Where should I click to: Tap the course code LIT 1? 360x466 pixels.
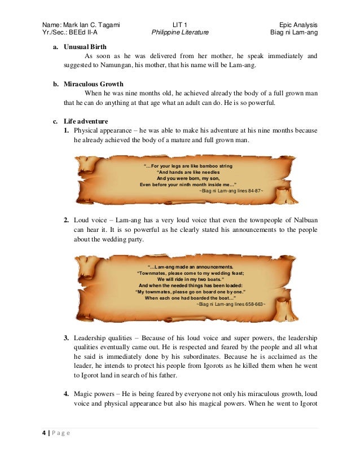tap(181, 25)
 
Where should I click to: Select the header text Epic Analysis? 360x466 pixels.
tap(298, 25)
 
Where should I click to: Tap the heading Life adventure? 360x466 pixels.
tap(87, 121)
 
